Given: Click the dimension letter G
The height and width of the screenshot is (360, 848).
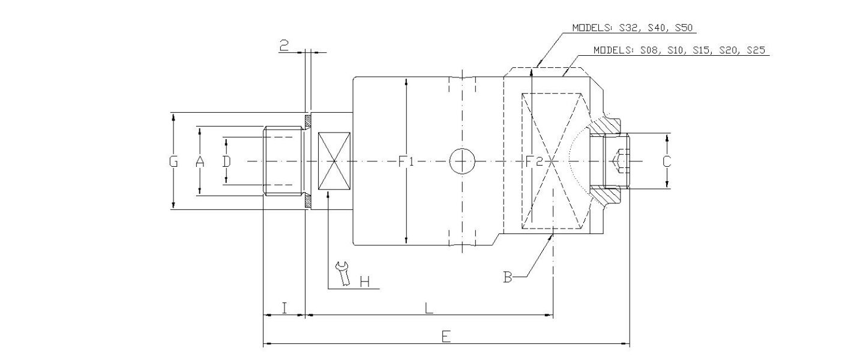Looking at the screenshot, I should coord(173,161).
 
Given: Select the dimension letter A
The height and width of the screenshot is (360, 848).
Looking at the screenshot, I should coord(200,161).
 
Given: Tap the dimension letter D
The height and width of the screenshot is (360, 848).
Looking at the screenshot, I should coord(226,161).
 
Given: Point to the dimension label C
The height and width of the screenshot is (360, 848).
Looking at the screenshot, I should coord(666,161).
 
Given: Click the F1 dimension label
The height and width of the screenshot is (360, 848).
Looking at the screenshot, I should coord(407,161).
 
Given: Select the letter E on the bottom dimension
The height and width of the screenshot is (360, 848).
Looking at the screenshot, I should coord(445,337).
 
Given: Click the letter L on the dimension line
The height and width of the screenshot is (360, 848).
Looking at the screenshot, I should coord(429,308).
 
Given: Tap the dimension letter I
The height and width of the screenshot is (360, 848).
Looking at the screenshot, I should coord(284,308).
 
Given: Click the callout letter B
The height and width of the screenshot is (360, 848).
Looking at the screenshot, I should coord(508,277).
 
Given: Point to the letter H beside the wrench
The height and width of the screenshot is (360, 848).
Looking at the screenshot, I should coord(364,281).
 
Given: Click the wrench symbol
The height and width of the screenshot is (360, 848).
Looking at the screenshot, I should coord(343,274).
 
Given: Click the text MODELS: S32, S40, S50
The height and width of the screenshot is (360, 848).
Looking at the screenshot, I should coord(633,28).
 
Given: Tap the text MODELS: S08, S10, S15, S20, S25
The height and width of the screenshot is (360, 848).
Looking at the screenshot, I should coord(678,50).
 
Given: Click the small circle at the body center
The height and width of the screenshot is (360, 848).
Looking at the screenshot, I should coord(462,161).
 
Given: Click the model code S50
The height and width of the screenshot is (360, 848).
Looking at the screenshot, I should coord(685,28).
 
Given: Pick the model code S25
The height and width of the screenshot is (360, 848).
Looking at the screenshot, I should coord(755,50).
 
